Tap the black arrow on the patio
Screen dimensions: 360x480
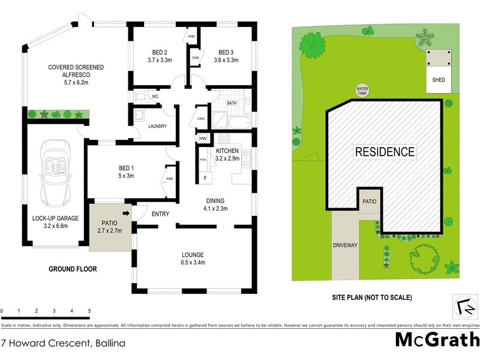127,212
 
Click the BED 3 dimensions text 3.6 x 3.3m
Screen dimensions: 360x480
226,59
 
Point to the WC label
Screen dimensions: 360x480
155,96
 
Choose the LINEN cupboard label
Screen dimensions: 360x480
200,119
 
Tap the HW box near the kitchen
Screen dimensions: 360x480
203,139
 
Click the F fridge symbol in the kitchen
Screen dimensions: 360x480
205,178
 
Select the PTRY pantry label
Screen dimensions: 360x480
203,160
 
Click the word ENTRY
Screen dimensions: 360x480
160,214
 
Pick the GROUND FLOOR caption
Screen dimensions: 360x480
73,269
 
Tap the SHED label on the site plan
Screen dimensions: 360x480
439,80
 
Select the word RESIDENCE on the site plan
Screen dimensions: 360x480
385,152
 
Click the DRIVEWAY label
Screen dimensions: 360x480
345,245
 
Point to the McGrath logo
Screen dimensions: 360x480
437,340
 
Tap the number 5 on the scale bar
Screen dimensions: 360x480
89,311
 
